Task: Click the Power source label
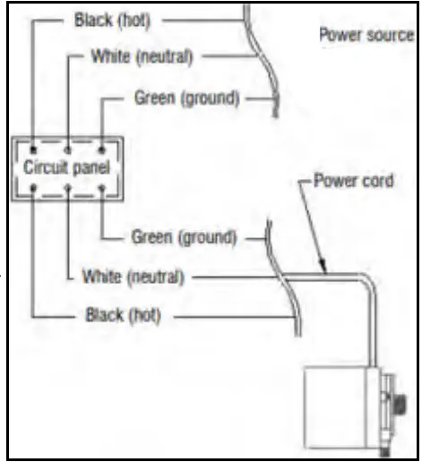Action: (366, 36)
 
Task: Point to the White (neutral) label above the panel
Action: (142, 56)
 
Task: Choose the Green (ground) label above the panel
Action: (185, 98)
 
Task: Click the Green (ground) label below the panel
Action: (185, 237)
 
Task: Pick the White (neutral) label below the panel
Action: (133, 276)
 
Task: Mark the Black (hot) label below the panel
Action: (123, 316)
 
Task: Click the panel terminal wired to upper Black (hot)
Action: (33, 146)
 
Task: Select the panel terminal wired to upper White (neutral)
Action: (69, 146)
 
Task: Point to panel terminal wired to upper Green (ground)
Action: (101, 146)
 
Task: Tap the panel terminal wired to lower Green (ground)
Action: (101, 189)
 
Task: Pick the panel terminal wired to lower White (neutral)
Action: (69, 189)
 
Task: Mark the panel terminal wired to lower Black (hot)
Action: (33, 189)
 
